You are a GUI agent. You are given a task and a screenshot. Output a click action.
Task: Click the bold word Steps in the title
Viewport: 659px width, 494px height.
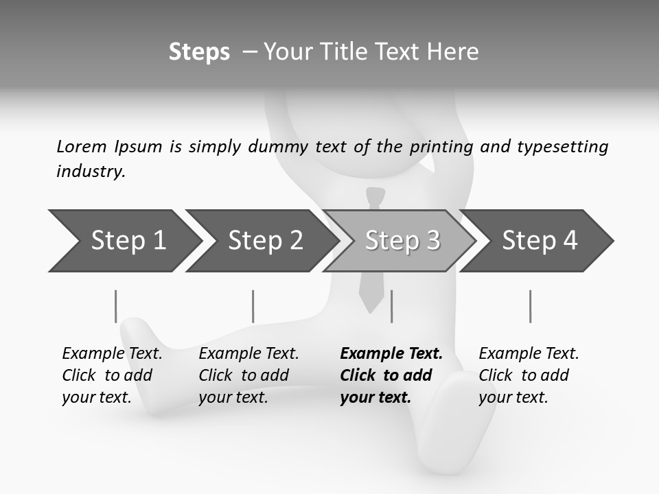click(199, 52)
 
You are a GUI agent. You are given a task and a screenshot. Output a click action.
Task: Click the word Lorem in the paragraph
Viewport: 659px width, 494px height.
click(82, 147)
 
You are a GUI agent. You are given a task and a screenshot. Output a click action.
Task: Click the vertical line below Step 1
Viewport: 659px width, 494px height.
click(115, 306)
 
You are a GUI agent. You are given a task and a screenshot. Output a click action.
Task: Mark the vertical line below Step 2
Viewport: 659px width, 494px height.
click(253, 306)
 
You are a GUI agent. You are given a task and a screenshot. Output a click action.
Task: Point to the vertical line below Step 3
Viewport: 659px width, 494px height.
click(391, 306)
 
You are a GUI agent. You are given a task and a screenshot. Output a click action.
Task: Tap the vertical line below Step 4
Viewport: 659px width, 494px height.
click(530, 306)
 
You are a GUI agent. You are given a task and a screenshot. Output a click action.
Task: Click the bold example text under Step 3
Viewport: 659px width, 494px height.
click(391, 375)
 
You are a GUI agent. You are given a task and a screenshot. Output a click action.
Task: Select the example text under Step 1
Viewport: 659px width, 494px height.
click(112, 375)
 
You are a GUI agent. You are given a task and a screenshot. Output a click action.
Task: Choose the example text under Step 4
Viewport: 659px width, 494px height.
click(528, 375)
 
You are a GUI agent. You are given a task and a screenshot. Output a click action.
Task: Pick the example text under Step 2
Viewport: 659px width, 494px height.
click(248, 375)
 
